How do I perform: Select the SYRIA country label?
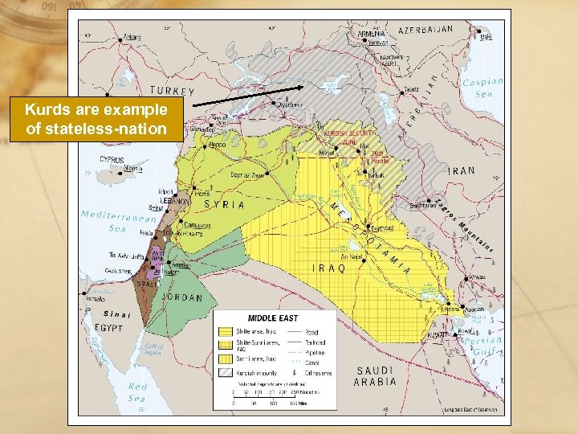click(x=223, y=204)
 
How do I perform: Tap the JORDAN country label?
click(x=182, y=297)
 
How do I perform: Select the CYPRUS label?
click(x=112, y=159)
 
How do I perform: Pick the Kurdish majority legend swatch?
click(x=226, y=372)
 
